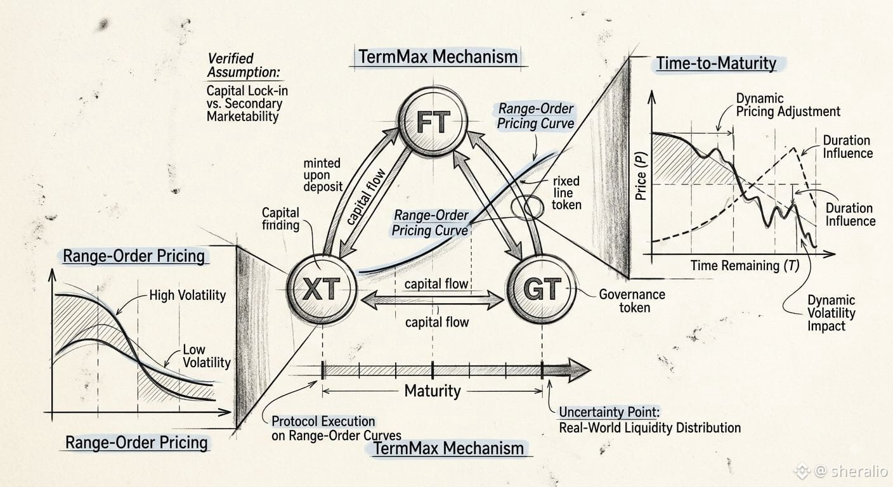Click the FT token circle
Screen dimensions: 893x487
433,121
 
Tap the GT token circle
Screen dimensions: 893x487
542,289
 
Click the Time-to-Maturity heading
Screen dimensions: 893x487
717,63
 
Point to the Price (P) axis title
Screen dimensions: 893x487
641,176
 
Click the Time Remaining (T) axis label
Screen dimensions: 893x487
745,266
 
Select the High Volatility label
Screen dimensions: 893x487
187,295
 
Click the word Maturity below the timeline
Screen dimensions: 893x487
433,391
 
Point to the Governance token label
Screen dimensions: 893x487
632,301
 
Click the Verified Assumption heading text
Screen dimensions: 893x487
244,65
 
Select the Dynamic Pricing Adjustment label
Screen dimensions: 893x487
788,105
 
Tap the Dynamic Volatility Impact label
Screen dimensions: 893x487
831,313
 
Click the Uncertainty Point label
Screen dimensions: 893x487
609,412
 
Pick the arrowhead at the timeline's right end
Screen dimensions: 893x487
578,370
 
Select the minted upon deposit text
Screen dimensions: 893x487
323,175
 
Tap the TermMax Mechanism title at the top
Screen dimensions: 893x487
438,57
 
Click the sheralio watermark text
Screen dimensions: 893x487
858,471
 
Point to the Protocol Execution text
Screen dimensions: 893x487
323,421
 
